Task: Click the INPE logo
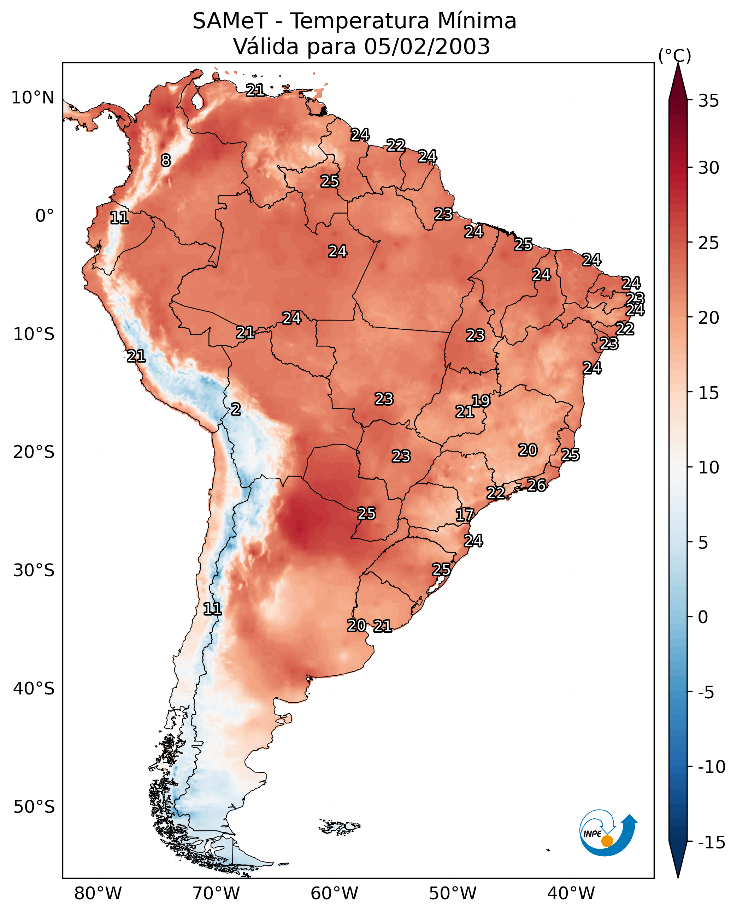click(x=608, y=833)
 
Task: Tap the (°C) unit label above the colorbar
click(x=674, y=55)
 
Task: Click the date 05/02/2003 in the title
click(x=427, y=46)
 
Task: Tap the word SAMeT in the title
click(x=230, y=21)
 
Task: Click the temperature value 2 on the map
click(x=236, y=409)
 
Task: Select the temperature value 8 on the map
click(x=166, y=160)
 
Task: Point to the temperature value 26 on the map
click(x=536, y=485)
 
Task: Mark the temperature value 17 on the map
click(x=465, y=515)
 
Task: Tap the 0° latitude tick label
click(x=45, y=216)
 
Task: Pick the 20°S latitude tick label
click(x=34, y=452)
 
